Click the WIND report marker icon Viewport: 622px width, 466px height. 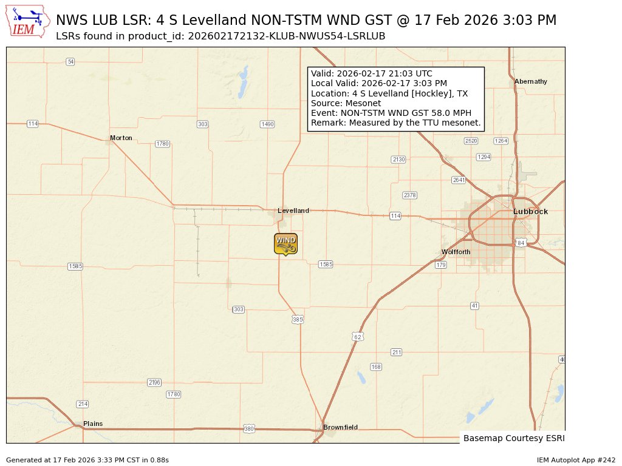click(285, 243)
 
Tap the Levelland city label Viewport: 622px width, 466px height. click(293, 211)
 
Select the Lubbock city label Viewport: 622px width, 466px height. click(530, 212)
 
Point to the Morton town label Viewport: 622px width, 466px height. click(121, 138)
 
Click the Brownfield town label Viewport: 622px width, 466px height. click(340, 427)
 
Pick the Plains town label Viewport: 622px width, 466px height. click(93, 424)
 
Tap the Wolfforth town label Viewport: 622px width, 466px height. click(456, 252)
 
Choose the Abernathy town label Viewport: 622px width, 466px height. click(530, 81)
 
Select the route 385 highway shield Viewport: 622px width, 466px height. click(298, 319)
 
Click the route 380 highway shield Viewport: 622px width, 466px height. click(249, 429)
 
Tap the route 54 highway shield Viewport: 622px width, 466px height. click(70, 61)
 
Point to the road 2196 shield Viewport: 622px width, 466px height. click(154, 382)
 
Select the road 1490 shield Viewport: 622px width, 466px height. click(267, 124)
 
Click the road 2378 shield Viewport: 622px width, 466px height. click(410, 195)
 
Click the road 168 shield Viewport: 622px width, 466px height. click(376, 367)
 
